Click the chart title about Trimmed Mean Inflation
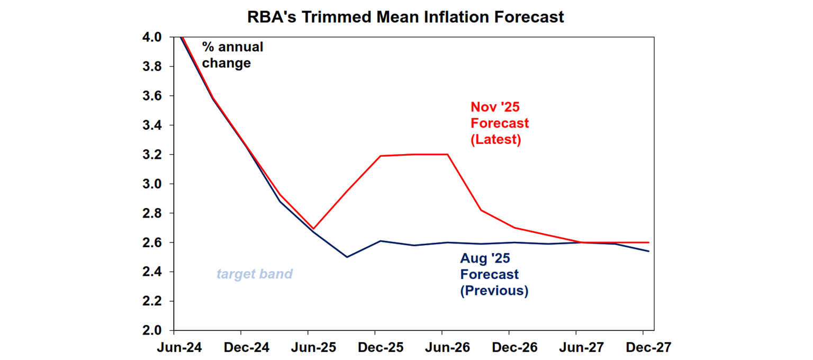(x=405, y=17)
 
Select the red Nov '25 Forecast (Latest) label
(x=499, y=123)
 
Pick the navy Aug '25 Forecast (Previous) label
(x=493, y=275)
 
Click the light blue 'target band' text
(x=255, y=274)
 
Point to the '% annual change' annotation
(x=232, y=55)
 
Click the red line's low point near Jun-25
(x=313, y=229)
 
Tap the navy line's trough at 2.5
(x=347, y=257)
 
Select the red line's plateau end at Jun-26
(x=448, y=155)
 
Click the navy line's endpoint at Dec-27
(x=649, y=251)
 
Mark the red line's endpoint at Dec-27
(x=649, y=242)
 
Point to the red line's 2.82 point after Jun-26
(x=481, y=210)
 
